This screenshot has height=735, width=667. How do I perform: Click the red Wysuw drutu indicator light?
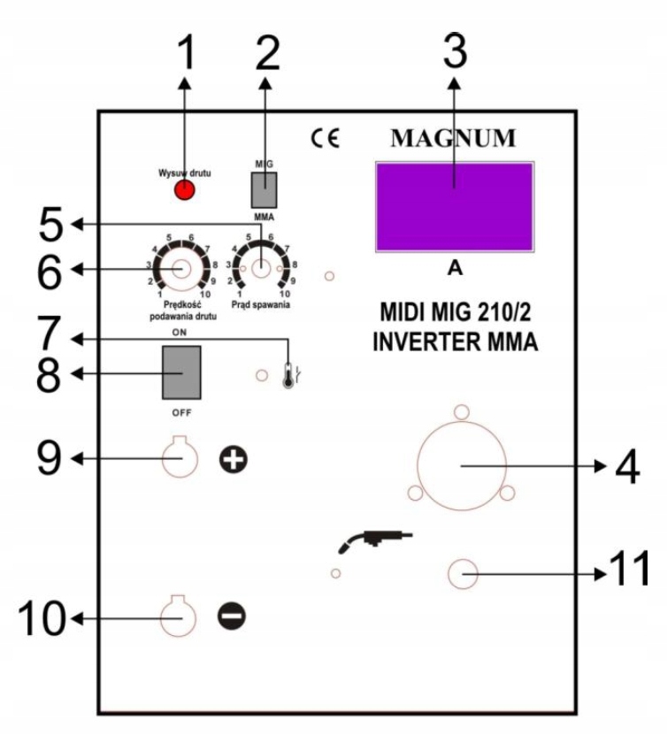(183, 191)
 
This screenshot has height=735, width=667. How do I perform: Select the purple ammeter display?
(455, 206)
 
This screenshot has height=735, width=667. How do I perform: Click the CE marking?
(325, 139)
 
